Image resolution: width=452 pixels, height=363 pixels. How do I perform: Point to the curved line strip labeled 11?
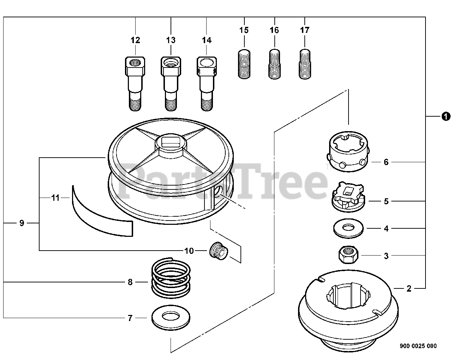(x=101, y=217)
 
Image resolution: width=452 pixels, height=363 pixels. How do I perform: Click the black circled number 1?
(x=446, y=116)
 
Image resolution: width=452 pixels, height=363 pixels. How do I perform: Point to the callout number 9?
(x=22, y=223)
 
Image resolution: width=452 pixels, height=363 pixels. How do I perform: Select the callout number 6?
(x=386, y=162)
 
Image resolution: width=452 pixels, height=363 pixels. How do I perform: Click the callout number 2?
(x=409, y=288)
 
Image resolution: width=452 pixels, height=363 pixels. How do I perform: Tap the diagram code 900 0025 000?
(x=418, y=346)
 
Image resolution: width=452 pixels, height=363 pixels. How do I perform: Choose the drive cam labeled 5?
(x=349, y=198)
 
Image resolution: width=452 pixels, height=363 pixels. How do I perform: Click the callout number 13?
(x=171, y=40)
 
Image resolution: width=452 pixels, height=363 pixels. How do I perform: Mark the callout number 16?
(x=274, y=30)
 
